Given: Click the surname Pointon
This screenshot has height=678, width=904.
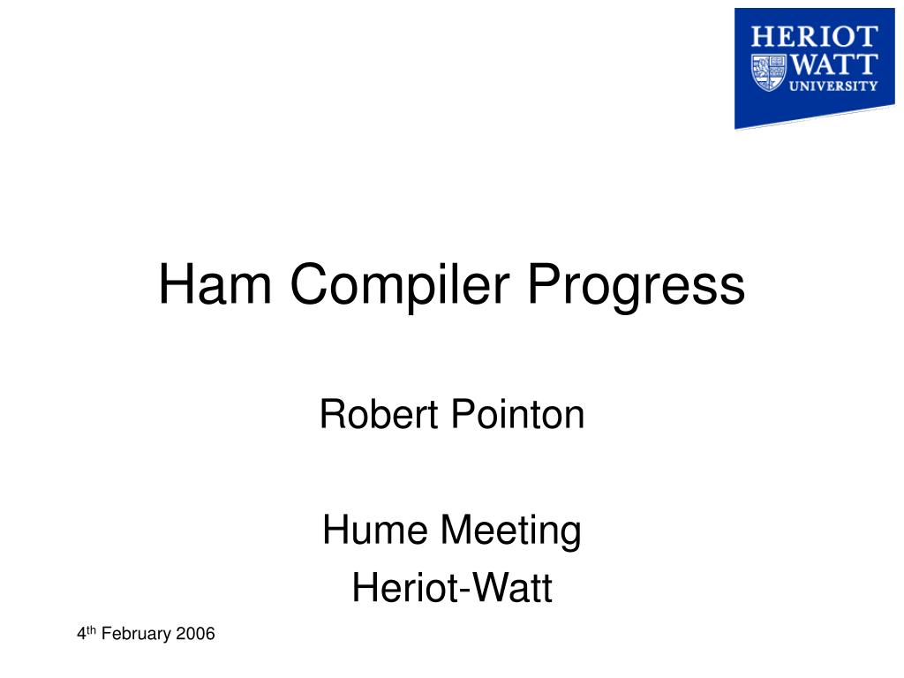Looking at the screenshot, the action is [517, 414].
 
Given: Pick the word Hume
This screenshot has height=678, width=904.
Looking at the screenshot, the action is [374, 530].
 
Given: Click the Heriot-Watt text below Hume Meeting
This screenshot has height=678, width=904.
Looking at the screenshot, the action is [452, 587].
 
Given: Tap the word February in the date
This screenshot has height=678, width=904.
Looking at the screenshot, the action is [136, 634].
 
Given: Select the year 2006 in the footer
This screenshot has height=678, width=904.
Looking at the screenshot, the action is [195, 634].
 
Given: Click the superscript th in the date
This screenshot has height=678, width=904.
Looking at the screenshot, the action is [91, 629].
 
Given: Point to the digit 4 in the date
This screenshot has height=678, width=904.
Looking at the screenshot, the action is [81, 634].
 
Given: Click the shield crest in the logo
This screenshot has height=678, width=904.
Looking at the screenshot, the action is [769, 72].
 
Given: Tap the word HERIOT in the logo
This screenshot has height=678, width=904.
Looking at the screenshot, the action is [814, 37].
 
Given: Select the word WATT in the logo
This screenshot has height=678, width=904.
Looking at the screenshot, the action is [833, 64].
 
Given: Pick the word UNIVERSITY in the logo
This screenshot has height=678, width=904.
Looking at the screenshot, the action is [833, 87].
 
